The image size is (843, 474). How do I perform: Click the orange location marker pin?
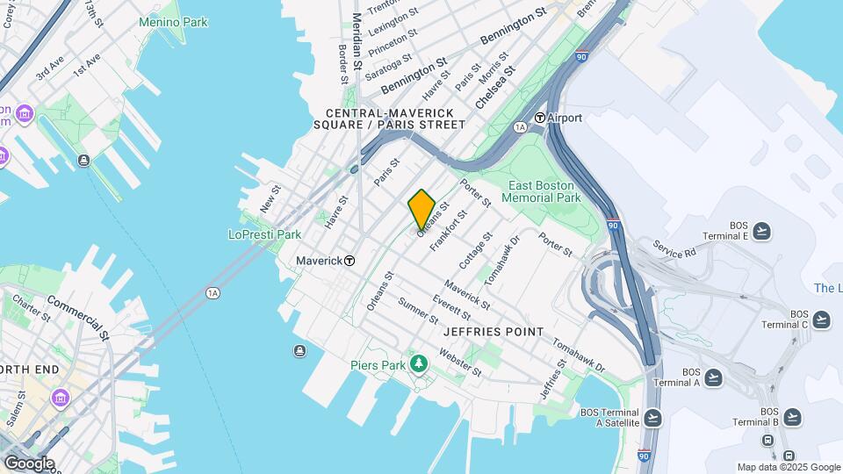[x=421, y=209]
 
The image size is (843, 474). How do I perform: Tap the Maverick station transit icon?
[x=349, y=261]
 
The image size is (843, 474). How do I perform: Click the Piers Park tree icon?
[x=420, y=363]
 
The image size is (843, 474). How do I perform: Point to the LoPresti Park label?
[x=264, y=234]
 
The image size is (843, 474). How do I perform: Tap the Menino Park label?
[x=173, y=22]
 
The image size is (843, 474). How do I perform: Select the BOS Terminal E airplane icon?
[x=762, y=231]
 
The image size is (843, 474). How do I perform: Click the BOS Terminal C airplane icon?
[x=820, y=320]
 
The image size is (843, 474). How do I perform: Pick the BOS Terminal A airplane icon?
[x=713, y=377]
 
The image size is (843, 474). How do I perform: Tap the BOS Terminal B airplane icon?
[x=792, y=416]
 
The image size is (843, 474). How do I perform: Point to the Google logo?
[x=29, y=463]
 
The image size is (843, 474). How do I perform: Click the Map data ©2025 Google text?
[x=789, y=467]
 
